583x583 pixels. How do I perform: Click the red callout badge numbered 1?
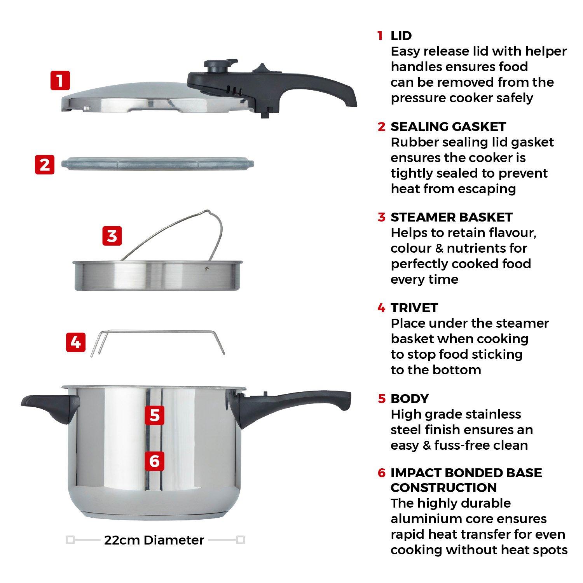click(x=60, y=80)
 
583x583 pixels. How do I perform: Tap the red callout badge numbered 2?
click(x=45, y=164)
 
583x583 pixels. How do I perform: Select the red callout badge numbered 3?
click(x=112, y=236)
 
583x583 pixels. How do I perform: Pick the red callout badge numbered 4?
click(x=75, y=342)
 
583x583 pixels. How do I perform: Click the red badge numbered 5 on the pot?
click(x=154, y=415)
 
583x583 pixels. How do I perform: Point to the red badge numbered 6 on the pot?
click(x=154, y=461)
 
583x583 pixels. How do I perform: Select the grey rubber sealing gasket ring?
click(x=157, y=164)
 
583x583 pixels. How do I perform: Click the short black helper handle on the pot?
click(x=51, y=408)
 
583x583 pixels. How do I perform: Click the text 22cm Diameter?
click(x=154, y=540)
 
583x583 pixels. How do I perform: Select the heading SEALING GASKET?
click(x=448, y=127)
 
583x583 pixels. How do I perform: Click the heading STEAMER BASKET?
click(x=451, y=217)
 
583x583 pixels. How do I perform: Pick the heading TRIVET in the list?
click(x=414, y=308)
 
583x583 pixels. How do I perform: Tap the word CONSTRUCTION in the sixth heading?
click(x=443, y=487)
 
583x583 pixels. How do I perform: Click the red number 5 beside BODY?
click(x=382, y=399)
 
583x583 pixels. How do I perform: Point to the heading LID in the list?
click(x=401, y=36)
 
